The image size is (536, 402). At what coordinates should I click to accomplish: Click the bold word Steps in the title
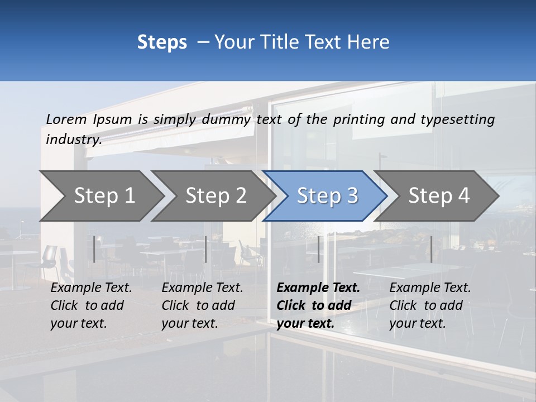(x=162, y=42)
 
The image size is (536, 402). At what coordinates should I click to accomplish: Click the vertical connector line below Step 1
(x=94, y=249)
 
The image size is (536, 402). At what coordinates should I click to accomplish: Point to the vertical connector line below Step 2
(x=206, y=249)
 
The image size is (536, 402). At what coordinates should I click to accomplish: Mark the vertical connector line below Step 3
(x=318, y=249)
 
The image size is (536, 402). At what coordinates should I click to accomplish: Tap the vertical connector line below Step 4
(x=431, y=249)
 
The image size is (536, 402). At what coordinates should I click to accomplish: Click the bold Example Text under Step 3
(x=318, y=305)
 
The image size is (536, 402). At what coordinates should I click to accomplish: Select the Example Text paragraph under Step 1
(x=91, y=305)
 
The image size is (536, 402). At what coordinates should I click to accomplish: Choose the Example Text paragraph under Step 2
(x=202, y=305)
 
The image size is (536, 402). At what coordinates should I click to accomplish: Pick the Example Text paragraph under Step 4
(x=430, y=305)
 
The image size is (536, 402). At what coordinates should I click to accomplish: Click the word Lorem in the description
(x=66, y=119)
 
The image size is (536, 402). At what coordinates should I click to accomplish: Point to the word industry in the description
(x=73, y=140)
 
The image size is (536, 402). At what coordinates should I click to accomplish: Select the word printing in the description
(x=357, y=119)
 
